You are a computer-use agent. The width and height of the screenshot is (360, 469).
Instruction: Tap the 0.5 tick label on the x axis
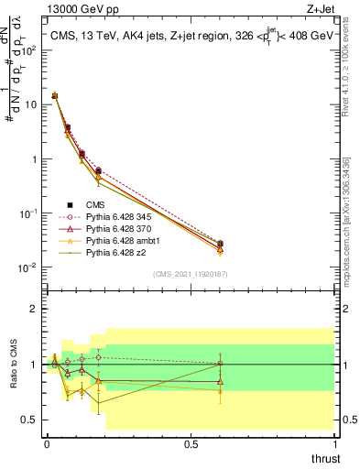pyautogui.click(x=190, y=444)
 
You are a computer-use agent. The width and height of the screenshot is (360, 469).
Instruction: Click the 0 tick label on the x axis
pyautogui.click(x=47, y=444)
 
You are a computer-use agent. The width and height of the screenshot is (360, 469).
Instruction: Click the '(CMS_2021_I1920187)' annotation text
pyautogui.click(x=189, y=274)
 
